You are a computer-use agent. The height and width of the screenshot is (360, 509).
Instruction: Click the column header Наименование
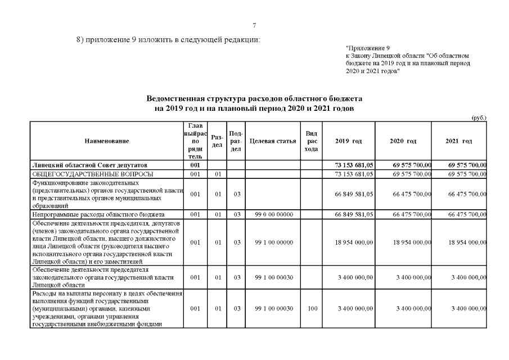[107, 141]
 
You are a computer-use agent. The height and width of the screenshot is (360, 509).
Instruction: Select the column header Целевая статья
[273, 141]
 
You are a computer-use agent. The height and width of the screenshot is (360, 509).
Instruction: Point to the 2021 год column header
[458, 141]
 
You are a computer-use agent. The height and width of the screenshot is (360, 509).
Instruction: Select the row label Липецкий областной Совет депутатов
[90, 165]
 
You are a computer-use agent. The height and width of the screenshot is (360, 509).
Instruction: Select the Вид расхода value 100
[311, 309]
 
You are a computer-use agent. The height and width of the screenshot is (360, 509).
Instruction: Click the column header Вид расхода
[311, 141]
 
